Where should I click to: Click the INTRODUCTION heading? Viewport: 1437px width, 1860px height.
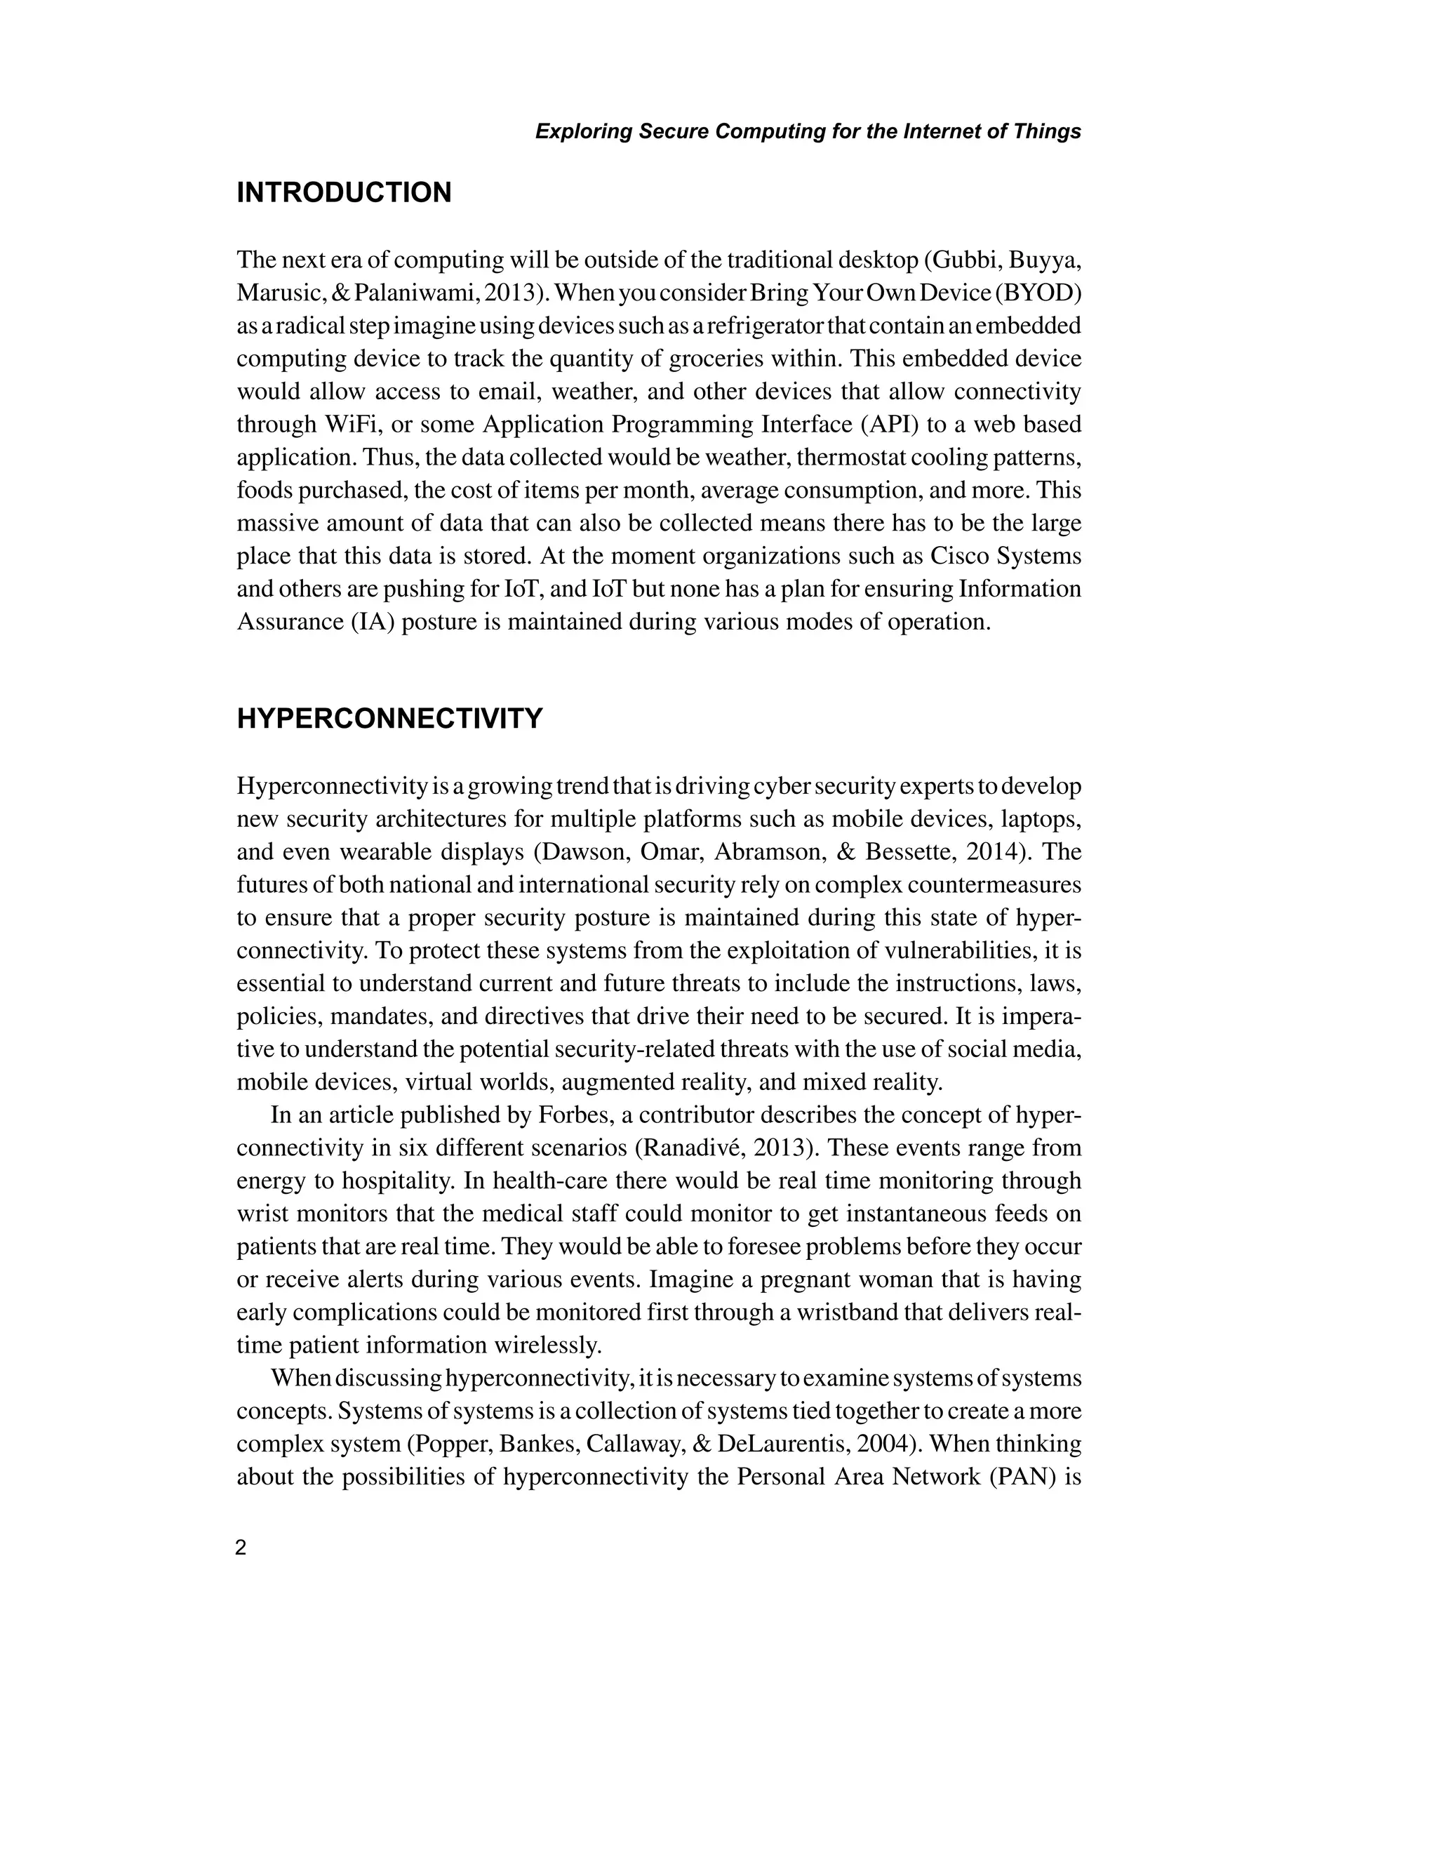(344, 193)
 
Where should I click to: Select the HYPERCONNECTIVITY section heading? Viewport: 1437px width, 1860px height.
(389, 719)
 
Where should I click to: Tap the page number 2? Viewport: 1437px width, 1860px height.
(241, 1548)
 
